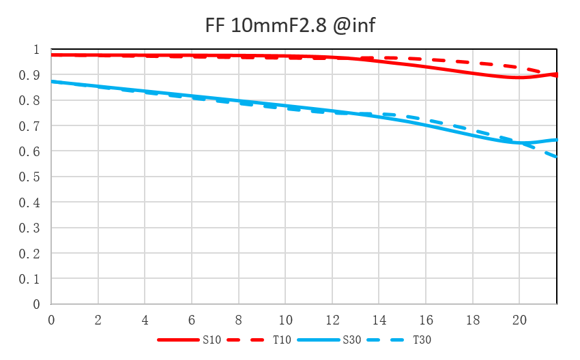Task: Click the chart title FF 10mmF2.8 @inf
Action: [x=290, y=26]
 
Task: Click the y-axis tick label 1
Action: [x=37, y=50]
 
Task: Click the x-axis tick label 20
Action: [x=519, y=319]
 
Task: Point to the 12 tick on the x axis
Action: [x=332, y=319]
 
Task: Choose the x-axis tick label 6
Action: [x=192, y=319]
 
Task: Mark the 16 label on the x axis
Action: [x=426, y=319]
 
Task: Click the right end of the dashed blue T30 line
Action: [x=556, y=157]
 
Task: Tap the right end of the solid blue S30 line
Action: [x=556, y=140]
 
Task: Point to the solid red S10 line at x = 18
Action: [x=472, y=72]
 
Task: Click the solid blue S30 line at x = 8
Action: [x=238, y=102]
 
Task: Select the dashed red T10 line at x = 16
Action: [x=426, y=61]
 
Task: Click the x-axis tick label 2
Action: [x=98, y=319]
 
